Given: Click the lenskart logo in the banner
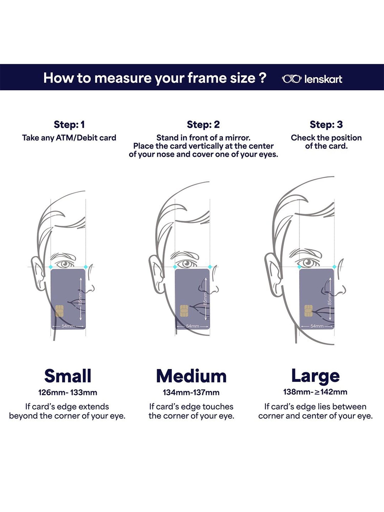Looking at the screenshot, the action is [312, 79].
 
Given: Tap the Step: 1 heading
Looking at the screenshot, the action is [69, 125].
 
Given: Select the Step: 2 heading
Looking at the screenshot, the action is [203, 125].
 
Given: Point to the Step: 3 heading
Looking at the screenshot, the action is [326, 125].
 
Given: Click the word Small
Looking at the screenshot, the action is [68, 376].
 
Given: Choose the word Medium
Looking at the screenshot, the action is [191, 376].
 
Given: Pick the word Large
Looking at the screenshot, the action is [315, 376].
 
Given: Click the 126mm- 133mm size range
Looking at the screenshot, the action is [68, 392].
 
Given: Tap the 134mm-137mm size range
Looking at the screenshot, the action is [191, 392].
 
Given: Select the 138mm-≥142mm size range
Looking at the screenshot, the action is [315, 392].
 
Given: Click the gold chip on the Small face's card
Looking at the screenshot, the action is [59, 311].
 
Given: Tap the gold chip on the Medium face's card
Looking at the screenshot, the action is [184, 311].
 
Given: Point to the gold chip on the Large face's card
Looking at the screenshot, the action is [308, 311].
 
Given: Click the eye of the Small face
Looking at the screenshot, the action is [66, 263].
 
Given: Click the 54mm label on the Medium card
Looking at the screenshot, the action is [193, 326].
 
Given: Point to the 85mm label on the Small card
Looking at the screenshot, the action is [80, 299].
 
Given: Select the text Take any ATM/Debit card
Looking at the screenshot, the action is [69, 138].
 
